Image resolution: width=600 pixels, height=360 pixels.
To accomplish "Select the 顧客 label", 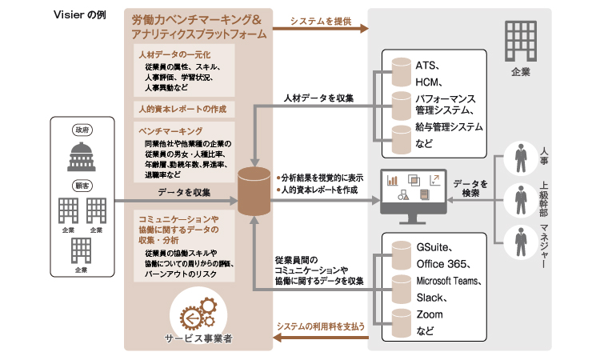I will (x=81, y=183).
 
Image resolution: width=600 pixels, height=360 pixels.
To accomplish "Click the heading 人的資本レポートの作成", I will (x=182, y=108).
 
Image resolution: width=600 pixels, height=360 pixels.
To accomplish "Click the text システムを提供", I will (x=320, y=18).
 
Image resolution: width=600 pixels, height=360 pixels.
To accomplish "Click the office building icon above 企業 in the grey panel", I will (x=519, y=41).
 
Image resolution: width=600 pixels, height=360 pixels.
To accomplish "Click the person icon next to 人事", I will (x=520, y=154).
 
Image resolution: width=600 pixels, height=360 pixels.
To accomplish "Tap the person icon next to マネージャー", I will (x=520, y=238).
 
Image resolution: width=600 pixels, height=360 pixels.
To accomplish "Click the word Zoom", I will (x=430, y=314).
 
